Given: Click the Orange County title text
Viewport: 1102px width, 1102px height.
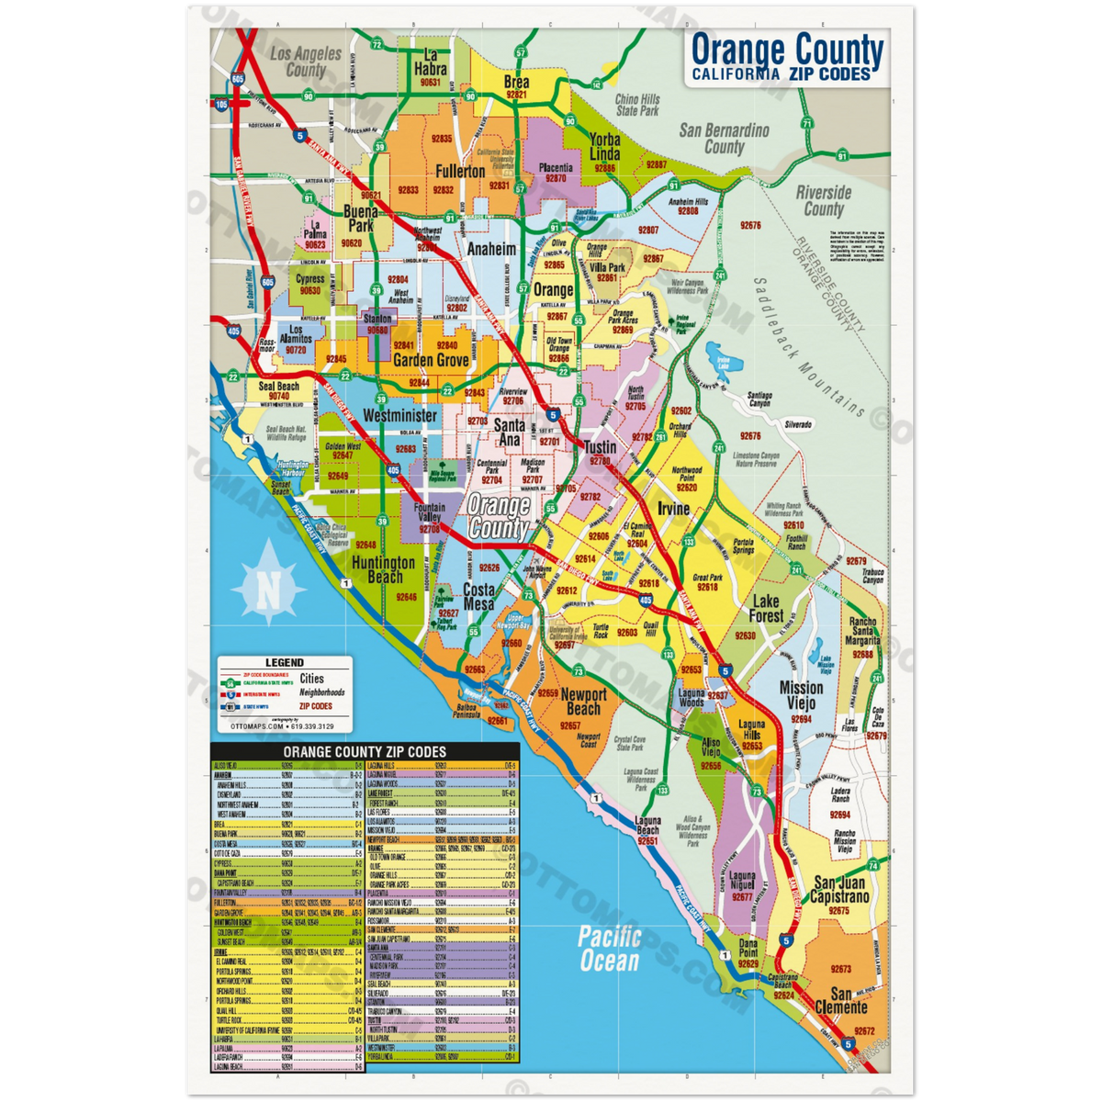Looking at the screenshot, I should [x=786, y=50].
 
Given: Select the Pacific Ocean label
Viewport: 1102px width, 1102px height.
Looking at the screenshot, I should [x=609, y=949].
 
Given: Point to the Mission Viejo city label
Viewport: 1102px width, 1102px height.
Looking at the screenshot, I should [x=801, y=696].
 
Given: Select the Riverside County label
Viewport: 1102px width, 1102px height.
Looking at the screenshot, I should [x=824, y=201].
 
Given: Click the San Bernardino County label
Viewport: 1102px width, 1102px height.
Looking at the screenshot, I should [x=724, y=139].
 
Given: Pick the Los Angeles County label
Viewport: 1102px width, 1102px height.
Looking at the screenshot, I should [x=306, y=62].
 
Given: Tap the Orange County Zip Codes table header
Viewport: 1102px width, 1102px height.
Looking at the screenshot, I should [x=365, y=752].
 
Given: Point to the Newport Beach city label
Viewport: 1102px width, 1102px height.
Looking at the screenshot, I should [x=583, y=701].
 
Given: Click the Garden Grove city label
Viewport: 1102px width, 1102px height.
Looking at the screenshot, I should [x=431, y=361].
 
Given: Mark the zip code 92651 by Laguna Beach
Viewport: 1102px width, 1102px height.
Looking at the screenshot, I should [x=648, y=840].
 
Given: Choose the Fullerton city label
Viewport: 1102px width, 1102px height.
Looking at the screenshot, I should [x=460, y=172].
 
